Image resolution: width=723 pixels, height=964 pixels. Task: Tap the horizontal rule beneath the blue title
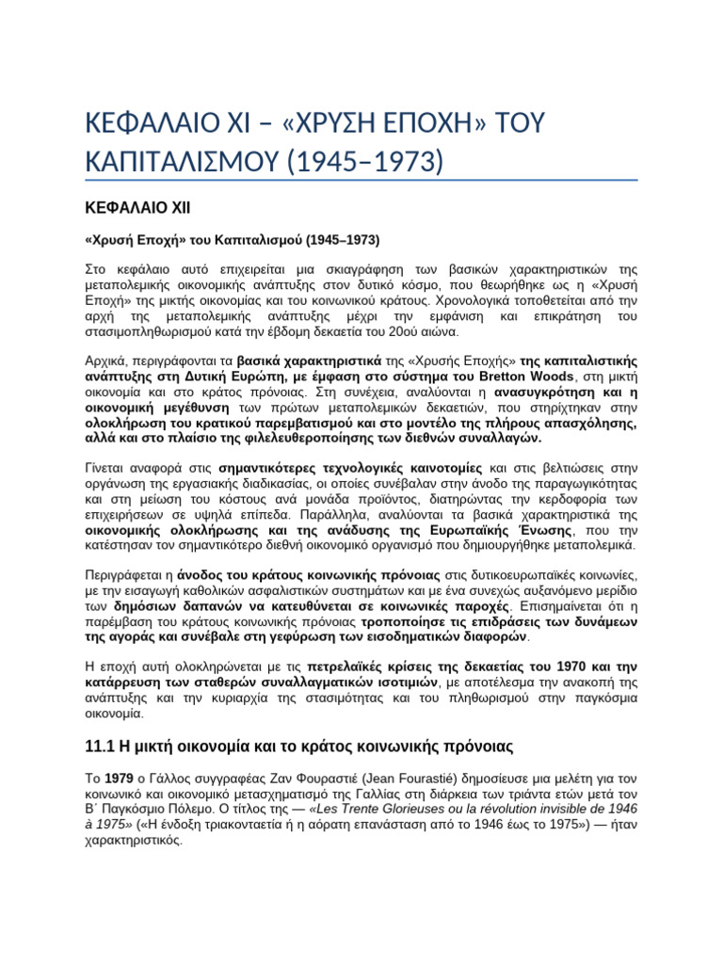pos(361,181)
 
